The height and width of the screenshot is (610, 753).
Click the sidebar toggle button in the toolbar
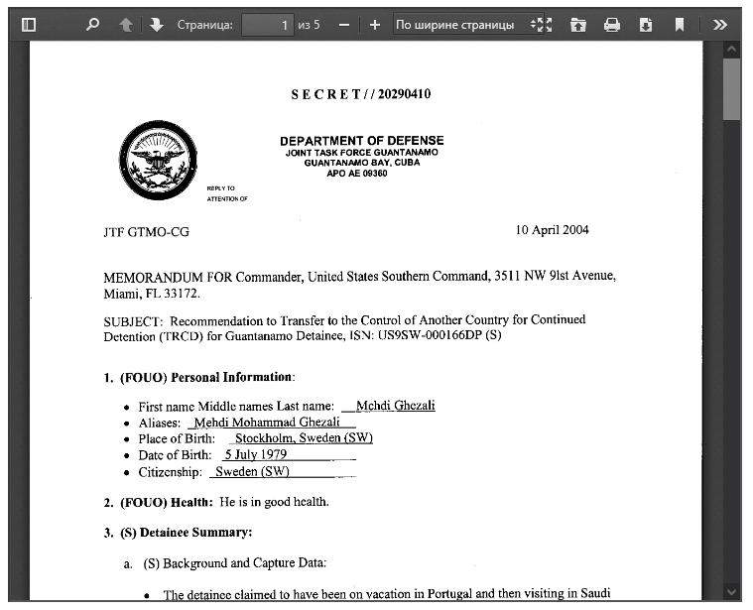[29, 25]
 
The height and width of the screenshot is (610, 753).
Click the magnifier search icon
[92, 25]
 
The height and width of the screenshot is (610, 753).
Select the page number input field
[268, 25]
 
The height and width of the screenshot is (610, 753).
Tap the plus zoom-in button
[374, 25]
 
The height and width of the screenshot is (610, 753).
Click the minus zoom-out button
[343, 25]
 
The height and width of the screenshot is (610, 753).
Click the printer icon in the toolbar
[612, 25]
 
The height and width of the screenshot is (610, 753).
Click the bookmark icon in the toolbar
[680, 25]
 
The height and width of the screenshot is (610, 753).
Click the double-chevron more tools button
[720, 25]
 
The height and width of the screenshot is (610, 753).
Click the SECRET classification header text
[360, 94]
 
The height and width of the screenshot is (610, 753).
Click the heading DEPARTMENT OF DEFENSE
[361, 141]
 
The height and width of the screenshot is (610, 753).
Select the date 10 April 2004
[552, 230]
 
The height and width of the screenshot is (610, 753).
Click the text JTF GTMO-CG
[146, 232]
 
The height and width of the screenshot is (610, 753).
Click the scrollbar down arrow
[732, 591]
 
